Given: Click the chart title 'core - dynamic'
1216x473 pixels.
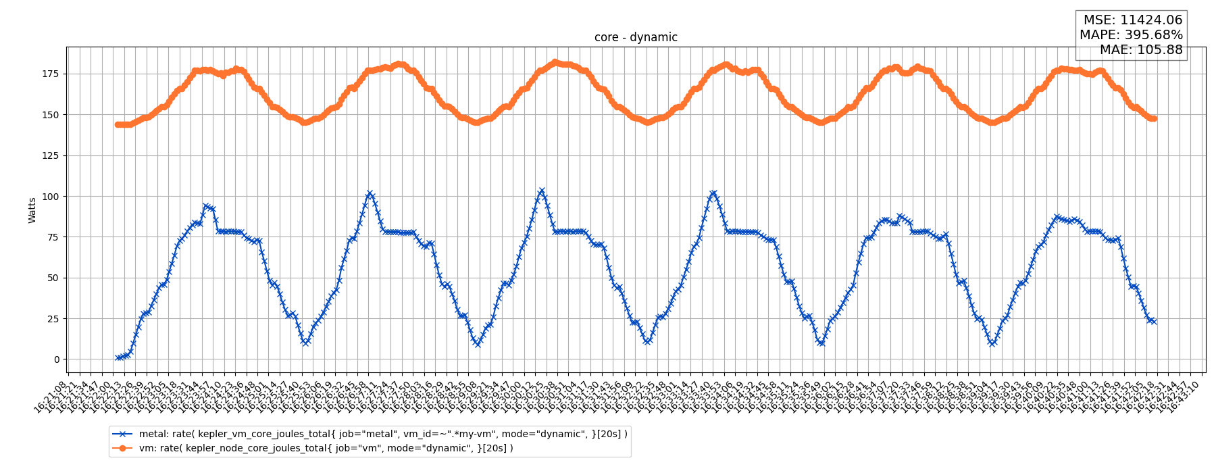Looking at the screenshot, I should (636, 38).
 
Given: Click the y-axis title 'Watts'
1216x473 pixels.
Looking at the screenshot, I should (32, 210).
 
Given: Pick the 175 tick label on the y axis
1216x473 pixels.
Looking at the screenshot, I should (51, 74).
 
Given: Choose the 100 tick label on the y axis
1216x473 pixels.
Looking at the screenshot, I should (51, 197).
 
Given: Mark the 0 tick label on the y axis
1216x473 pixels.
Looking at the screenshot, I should (57, 359).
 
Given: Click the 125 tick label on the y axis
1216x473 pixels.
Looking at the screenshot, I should (51, 155).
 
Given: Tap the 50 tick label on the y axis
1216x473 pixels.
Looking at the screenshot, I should (53, 278).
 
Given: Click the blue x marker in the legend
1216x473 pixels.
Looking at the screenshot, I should (122, 434).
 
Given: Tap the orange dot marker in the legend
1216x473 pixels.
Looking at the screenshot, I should (122, 448).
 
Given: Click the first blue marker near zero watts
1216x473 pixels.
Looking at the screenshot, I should (118, 357).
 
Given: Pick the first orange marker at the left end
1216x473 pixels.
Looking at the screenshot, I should (118, 124).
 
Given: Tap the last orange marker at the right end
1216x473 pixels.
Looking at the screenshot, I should (1154, 118).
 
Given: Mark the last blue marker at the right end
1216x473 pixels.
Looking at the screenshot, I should (1154, 322).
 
